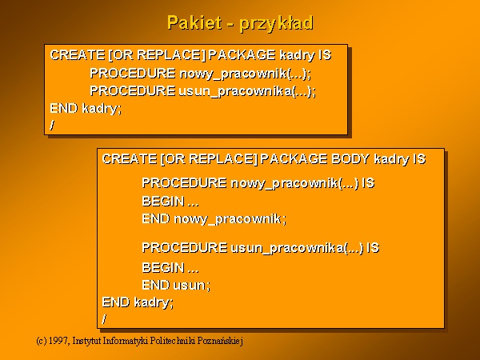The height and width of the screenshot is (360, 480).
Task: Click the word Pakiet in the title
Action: pyautogui.click(x=194, y=22)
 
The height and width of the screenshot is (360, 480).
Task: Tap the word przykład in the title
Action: pyautogui.click(x=276, y=24)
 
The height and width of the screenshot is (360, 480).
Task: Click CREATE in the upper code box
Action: pyautogui.click(x=78, y=55)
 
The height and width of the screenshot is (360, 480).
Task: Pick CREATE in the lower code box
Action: pyautogui.click(x=130, y=159)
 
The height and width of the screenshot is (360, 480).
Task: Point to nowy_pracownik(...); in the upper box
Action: pyautogui.click(x=246, y=74)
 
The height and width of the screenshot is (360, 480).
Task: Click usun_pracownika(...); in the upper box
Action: pyautogui.click(x=247, y=91)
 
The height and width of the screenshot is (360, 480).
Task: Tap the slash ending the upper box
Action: pyautogui.click(x=52, y=125)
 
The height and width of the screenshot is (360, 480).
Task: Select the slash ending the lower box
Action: pyautogui.click(x=104, y=319)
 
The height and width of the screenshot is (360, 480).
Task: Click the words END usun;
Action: pyautogui.click(x=176, y=285)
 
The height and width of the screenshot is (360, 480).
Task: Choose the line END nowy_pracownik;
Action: pyautogui.click(x=214, y=219)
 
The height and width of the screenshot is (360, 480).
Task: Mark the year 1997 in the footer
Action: pyautogui.click(x=58, y=341)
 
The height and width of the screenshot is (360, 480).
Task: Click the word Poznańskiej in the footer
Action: pyautogui.click(x=220, y=341)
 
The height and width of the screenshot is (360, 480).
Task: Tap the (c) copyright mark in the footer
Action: pyautogui.click(x=42, y=341)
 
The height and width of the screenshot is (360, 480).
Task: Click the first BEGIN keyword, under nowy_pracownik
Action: pyautogui.click(x=163, y=202)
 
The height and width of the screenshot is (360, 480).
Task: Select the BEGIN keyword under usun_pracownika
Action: pyautogui.click(x=163, y=268)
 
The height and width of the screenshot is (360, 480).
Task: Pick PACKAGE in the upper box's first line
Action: pyautogui.click(x=242, y=55)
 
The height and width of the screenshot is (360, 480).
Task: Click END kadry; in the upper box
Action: pyautogui.click(x=86, y=109)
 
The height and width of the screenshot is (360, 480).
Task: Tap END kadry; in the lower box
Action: pyautogui.click(x=138, y=302)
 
